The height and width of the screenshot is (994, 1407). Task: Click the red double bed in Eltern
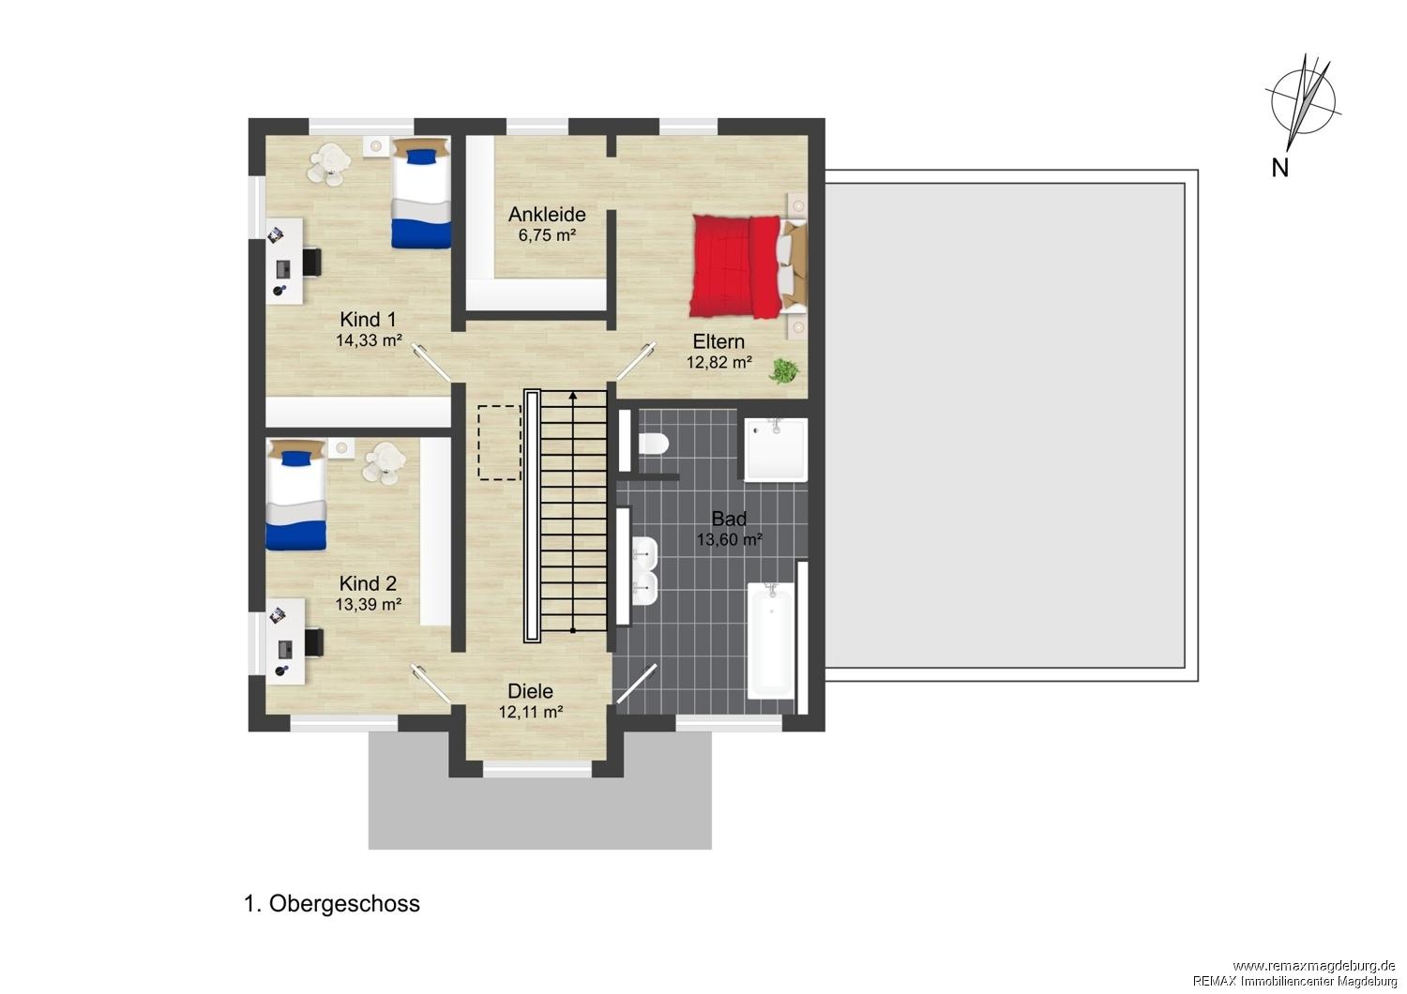(x=749, y=266)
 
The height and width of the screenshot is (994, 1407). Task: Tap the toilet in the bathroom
(x=653, y=444)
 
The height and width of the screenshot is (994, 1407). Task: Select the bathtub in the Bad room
(x=771, y=640)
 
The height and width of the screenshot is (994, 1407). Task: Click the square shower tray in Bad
(x=776, y=449)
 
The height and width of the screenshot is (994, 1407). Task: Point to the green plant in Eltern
(x=784, y=370)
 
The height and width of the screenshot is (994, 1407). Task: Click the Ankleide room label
(x=547, y=214)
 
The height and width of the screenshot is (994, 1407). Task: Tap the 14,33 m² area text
(x=369, y=340)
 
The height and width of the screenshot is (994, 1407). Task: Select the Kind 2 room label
(x=368, y=583)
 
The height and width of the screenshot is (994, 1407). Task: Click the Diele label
(x=530, y=691)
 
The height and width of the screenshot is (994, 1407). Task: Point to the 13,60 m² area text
(x=729, y=539)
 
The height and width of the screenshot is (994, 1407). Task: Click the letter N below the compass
(x=1279, y=168)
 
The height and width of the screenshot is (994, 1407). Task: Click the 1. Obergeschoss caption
(x=332, y=904)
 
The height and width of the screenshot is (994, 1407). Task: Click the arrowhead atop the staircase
(x=573, y=396)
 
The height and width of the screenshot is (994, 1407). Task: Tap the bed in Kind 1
(x=421, y=193)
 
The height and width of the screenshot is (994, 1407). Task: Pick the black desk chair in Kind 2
(x=314, y=641)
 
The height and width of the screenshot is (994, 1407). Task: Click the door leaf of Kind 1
(x=431, y=362)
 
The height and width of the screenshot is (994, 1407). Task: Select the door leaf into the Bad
(x=637, y=684)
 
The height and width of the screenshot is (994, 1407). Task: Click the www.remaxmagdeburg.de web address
(x=1314, y=966)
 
